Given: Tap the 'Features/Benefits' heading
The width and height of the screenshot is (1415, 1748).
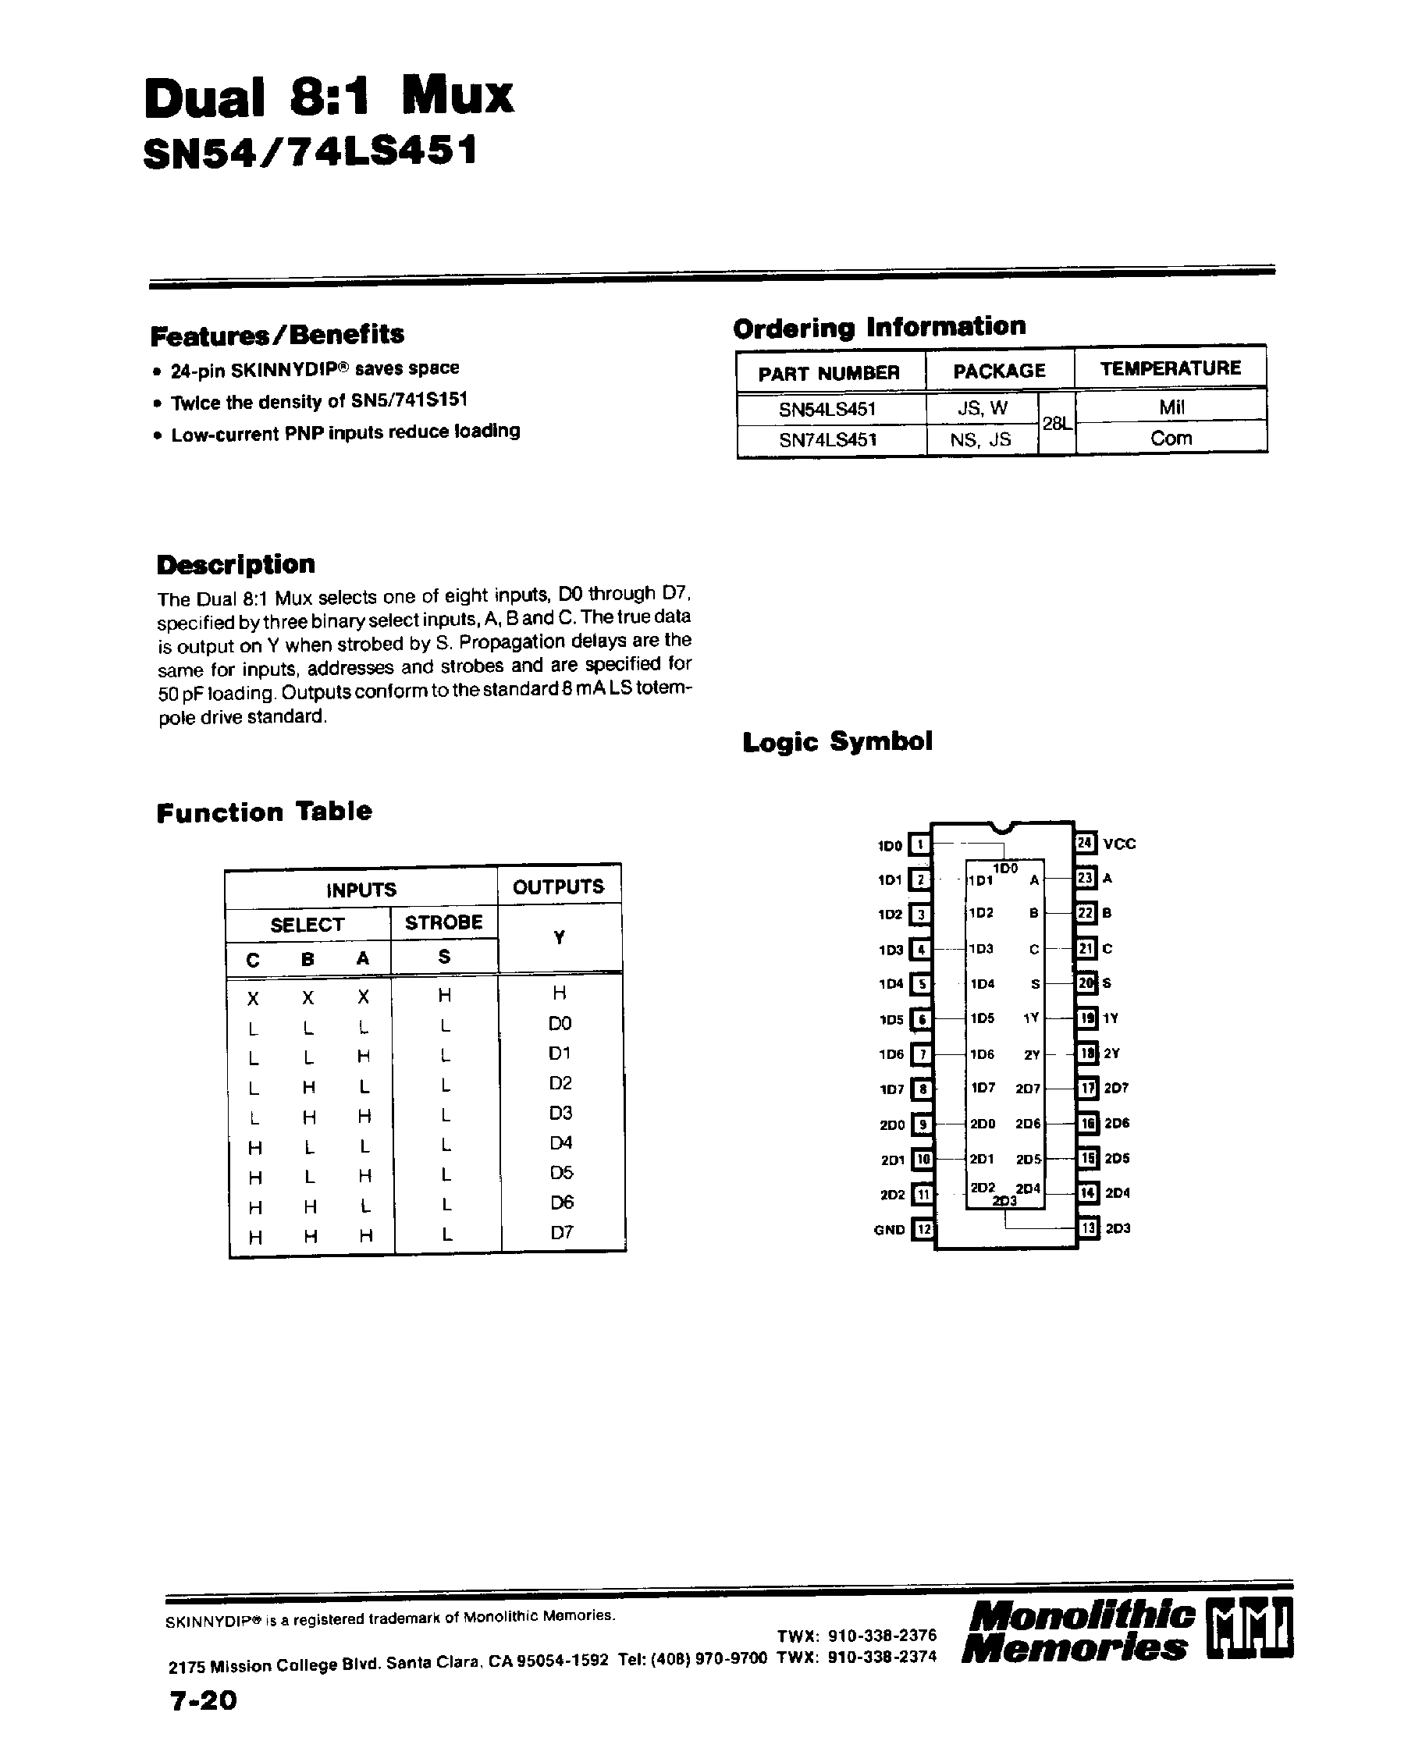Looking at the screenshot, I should click(277, 335).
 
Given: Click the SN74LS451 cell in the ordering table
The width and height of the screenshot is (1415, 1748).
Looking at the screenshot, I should click(827, 440).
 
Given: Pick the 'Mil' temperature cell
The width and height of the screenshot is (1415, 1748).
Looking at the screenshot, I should click(1171, 407).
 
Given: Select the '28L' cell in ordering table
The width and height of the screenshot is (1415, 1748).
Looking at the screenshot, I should click(1055, 424).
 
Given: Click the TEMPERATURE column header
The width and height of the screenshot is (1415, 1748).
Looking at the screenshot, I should click(1170, 368).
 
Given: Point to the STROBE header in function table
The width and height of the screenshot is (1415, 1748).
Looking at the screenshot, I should click(443, 922).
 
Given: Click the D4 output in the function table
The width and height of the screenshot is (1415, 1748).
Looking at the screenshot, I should click(561, 1143).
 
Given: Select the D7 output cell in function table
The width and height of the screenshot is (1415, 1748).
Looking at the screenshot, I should click(562, 1232).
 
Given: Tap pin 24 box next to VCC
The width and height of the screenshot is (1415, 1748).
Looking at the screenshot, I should click(1084, 843).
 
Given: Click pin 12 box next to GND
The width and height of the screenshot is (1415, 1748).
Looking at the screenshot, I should click(922, 1229).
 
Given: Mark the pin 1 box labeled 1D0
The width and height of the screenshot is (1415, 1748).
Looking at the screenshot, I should click(919, 845).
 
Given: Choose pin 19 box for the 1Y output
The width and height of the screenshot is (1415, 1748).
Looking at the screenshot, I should click(1086, 1018).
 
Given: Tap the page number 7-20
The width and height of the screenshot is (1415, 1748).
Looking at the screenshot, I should click(203, 1700).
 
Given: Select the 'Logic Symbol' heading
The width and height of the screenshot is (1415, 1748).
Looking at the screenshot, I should click(837, 741).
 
